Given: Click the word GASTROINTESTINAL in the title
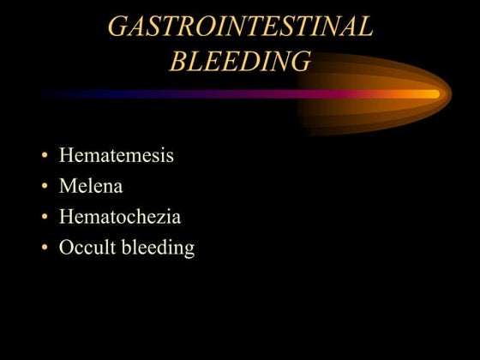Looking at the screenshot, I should click(240, 27).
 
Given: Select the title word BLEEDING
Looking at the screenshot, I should click(240, 61).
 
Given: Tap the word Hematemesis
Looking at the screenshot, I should click(116, 155).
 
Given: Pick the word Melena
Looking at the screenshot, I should click(90, 186).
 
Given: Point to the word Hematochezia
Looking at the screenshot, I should click(119, 217).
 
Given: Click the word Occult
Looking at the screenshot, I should click(86, 248).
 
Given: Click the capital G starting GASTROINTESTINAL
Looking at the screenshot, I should click(118, 27).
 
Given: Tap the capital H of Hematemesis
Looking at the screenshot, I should click(67, 155).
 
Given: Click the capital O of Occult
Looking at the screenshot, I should click(66, 248).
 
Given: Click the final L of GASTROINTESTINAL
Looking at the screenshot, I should click(364, 27).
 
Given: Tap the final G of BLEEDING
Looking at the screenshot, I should click(298, 61).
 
